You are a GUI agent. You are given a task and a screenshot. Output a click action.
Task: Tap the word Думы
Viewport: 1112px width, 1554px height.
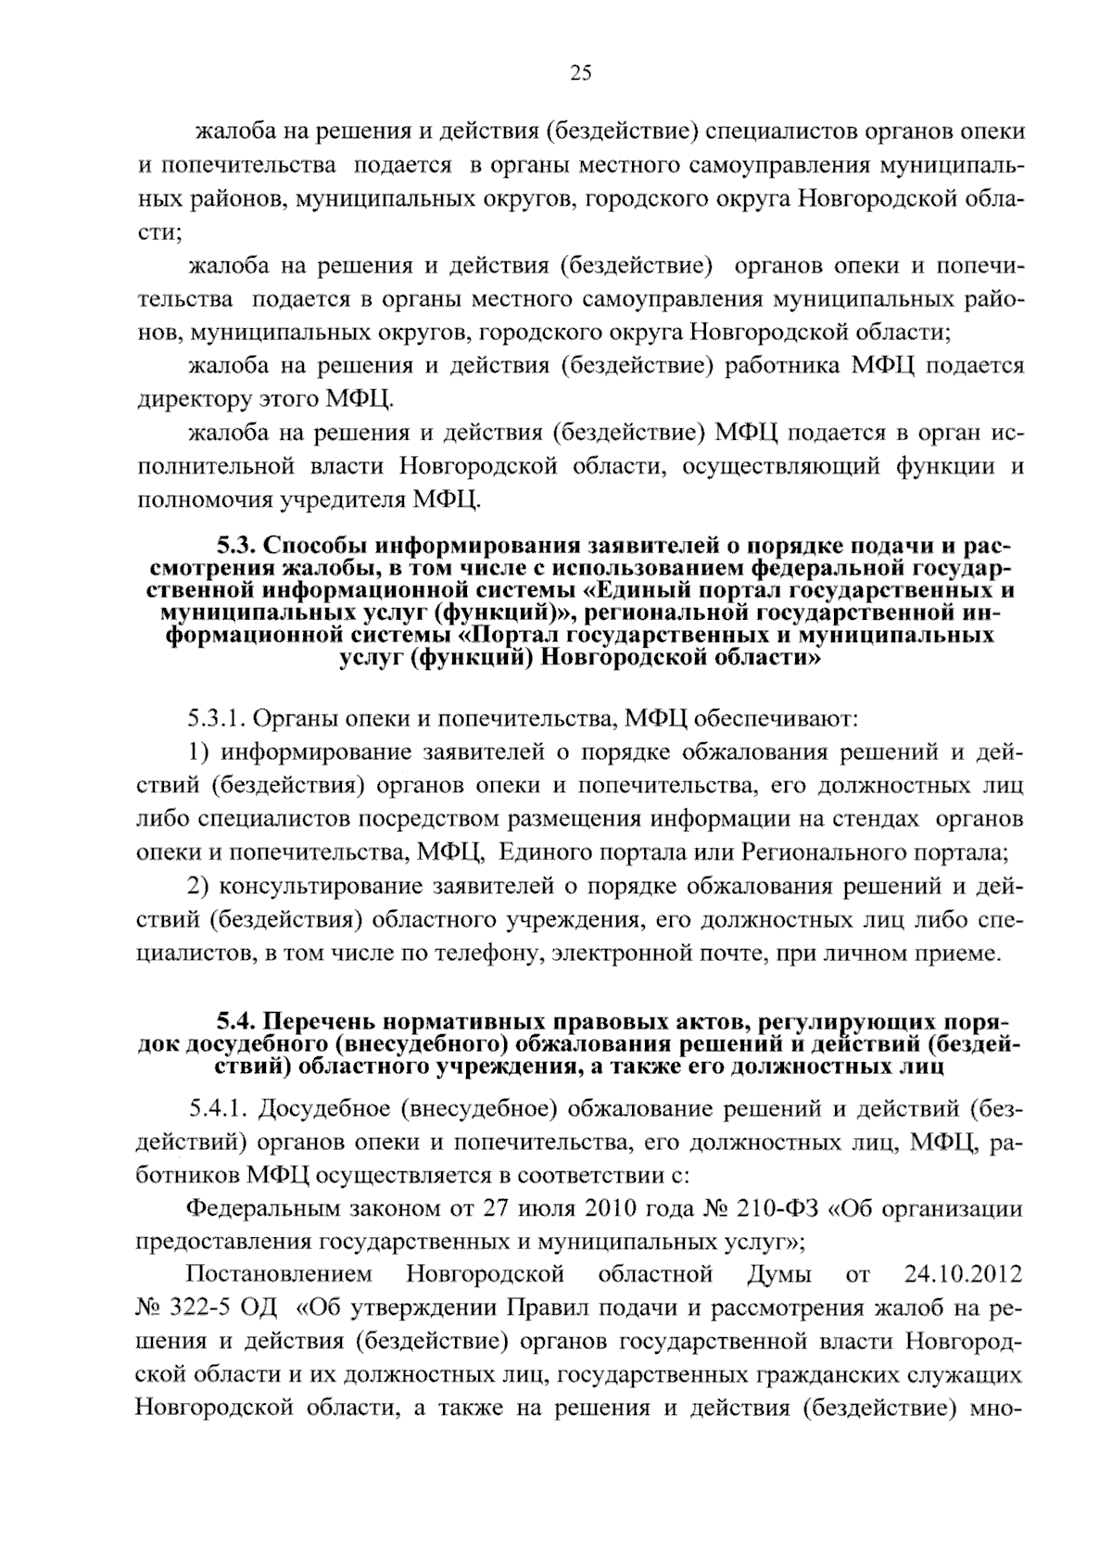click(777, 1275)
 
